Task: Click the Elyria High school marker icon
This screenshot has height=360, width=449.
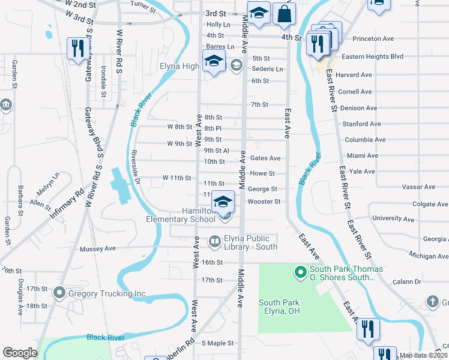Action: [213, 61]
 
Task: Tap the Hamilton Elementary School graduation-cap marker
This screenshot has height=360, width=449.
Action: [223, 202]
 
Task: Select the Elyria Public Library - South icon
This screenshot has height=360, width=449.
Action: [214, 241]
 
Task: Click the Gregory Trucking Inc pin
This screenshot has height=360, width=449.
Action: [59, 293]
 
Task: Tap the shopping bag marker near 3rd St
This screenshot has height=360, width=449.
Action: [284, 13]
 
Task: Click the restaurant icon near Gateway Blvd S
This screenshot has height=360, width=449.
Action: [77, 47]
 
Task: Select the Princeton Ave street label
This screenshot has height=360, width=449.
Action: [373, 38]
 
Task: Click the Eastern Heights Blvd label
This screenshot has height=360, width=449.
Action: [372, 57]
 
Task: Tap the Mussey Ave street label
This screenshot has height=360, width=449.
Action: [97, 248]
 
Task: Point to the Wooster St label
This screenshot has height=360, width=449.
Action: [264, 202]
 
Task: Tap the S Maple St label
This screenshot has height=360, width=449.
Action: [217, 343]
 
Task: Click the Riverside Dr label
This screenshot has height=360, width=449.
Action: [136, 166]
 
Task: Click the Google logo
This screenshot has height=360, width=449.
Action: [20, 353]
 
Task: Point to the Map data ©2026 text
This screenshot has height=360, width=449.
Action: [423, 355]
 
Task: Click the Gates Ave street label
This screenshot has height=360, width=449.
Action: [265, 158]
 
